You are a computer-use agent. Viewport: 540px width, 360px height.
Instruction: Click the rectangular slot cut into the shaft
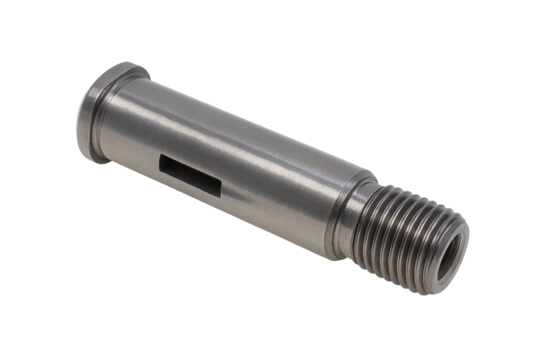click(191, 172)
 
